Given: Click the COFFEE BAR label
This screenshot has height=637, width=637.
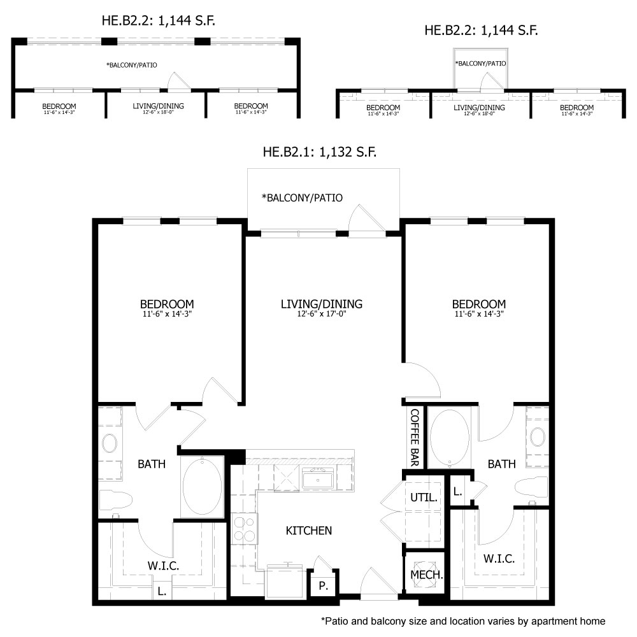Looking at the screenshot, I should [415, 438].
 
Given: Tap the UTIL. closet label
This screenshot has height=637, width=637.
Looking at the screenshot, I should [424, 497].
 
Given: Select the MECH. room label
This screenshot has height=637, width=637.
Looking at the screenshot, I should [426, 574].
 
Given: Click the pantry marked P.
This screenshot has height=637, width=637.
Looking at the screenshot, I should [323, 585].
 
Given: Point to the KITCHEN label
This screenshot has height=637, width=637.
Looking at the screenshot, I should [308, 531].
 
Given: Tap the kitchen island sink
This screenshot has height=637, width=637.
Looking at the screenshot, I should [317, 478].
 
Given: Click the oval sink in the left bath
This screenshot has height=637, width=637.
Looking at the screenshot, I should [110, 443].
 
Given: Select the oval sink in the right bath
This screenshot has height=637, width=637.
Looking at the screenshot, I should [538, 438].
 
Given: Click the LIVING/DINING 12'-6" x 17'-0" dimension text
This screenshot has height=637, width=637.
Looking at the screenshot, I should [322, 313].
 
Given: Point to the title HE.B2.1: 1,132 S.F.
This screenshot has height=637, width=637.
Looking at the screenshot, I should [319, 152].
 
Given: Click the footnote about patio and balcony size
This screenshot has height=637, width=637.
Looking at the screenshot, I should [462, 620].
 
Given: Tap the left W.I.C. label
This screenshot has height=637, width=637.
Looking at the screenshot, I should [163, 566].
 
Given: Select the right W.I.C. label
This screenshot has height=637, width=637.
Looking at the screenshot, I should [499, 559].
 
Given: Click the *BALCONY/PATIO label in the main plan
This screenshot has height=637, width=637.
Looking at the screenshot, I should [302, 198].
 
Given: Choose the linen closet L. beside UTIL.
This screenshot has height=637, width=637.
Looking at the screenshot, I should [458, 491].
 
